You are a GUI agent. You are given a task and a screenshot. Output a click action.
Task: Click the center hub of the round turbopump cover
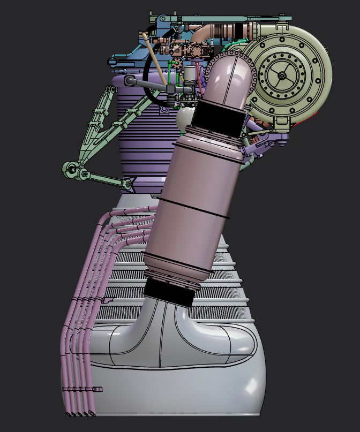tap(282, 75)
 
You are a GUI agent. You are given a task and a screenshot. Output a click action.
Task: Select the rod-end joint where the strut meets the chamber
tap(127, 184)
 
